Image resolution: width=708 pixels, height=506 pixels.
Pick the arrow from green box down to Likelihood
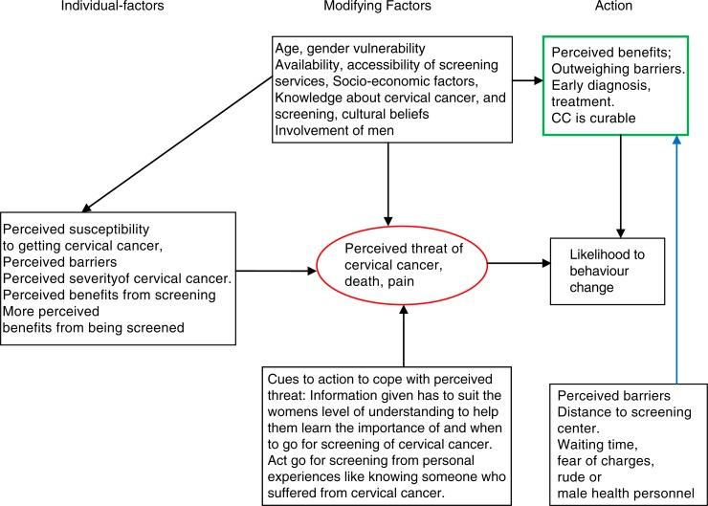pyautogui.click(x=622, y=182)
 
